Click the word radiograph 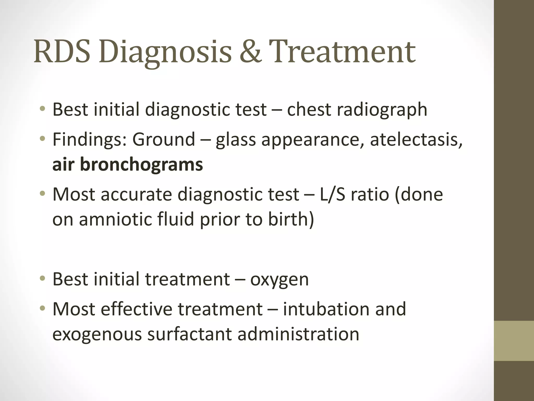[x=382, y=110]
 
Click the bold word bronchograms [x=141, y=164]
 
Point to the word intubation [x=326, y=309]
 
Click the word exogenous [x=97, y=334]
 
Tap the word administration [x=298, y=334]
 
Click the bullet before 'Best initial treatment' [x=43, y=279]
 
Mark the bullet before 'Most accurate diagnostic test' [x=43, y=194]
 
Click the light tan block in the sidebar [x=514, y=341]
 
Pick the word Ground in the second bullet [x=164, y=140]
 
